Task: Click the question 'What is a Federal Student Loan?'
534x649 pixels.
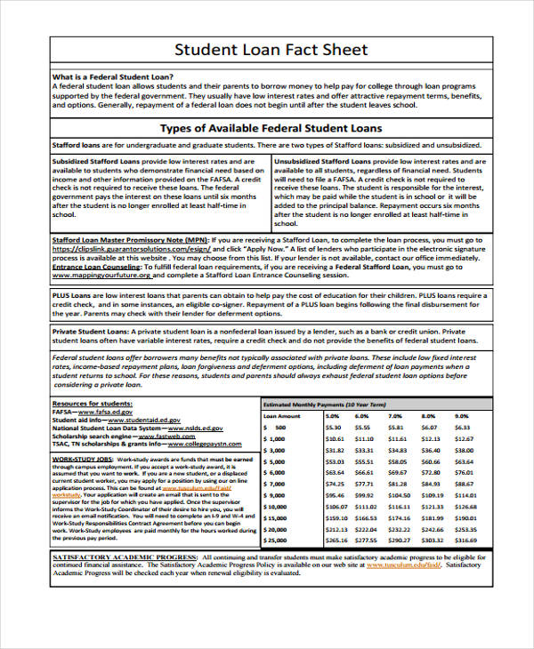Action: click(x=113, y=76)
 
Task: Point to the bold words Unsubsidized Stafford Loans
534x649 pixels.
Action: click(x=322, y=161)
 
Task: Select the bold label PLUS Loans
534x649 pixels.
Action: click(x=72, y=295)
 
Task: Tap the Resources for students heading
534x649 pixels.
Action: click(x=93, y=404)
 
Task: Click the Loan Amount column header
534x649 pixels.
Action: click(x=282, y=415)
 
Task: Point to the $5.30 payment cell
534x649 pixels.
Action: click(x=334, y=427)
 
